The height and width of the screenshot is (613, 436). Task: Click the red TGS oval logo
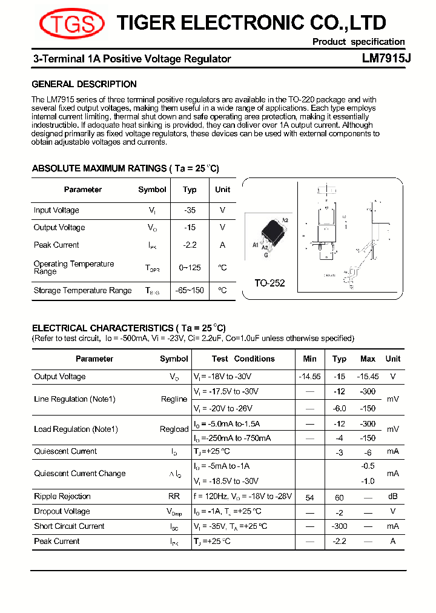71,24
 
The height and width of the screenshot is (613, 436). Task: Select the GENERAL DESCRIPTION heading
84,84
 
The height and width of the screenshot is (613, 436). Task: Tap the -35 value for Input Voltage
190,210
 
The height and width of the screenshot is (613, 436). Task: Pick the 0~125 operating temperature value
190,268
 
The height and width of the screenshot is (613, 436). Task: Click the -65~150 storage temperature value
190,291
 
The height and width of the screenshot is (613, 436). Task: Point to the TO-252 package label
269,283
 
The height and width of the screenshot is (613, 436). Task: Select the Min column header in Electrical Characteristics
309,359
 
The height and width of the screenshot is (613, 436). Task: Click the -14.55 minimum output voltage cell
309,376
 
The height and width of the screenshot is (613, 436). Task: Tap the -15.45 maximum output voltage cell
368,376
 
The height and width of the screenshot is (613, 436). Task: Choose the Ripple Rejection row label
62,496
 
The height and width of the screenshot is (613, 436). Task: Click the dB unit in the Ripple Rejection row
392,497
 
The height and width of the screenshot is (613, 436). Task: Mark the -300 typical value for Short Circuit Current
339,526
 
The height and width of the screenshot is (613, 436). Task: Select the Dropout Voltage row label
62,511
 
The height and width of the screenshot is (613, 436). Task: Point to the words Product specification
358,42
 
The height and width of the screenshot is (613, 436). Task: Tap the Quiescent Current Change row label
79,474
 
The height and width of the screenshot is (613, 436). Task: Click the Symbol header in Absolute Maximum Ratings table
152,190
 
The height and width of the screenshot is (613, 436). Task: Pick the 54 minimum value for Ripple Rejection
309,497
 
